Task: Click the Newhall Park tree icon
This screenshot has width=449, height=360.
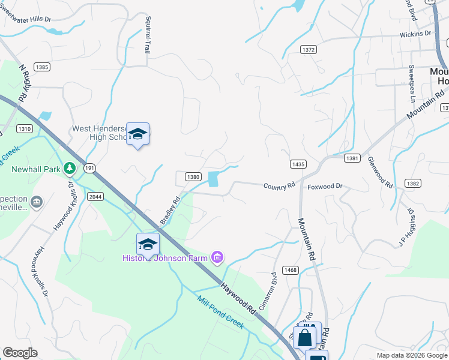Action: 70,168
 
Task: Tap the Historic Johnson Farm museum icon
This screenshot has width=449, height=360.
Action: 217,258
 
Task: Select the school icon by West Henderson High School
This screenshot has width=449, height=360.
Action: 137,134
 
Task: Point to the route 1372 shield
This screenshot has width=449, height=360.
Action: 309,50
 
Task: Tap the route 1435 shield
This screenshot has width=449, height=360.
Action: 298,164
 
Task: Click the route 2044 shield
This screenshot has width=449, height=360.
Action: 95,196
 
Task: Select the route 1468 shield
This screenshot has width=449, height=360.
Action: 291,270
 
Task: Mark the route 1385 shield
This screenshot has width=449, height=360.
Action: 41,67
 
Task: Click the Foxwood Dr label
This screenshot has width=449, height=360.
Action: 325,187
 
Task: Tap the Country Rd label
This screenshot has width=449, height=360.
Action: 279,186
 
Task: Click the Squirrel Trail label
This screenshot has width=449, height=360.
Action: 147,34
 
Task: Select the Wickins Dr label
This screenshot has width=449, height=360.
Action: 416,34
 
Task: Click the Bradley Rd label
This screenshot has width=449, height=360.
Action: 170,211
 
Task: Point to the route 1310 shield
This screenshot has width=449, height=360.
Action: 25,129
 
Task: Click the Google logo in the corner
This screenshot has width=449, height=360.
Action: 20,353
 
